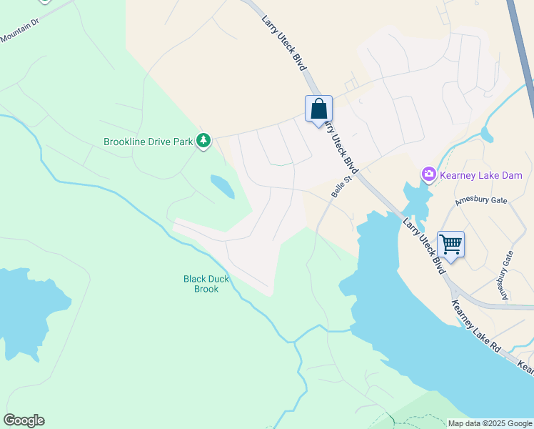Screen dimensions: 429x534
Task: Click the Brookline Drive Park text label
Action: click(148, 142)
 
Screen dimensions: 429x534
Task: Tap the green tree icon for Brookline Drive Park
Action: click(204, 141)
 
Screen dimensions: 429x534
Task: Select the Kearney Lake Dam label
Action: click(482, 175)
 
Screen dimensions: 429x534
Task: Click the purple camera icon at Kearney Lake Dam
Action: click(428, 174)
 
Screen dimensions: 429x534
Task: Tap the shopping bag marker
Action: click(318, 109)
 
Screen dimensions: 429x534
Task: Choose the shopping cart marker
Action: click(450, 245)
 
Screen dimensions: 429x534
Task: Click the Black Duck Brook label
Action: click(206, 284)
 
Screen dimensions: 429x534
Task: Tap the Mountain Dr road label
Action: click(19, 33)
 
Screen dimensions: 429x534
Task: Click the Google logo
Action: click(24, 420)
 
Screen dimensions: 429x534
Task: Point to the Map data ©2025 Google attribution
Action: click(490, 423)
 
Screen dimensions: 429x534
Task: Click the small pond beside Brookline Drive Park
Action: click(222, 186)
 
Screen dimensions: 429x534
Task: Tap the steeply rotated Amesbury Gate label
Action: click(506, 275)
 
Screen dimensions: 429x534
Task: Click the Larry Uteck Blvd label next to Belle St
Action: click(341, 147)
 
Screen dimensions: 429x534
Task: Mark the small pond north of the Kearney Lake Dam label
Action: click(486, 134)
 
